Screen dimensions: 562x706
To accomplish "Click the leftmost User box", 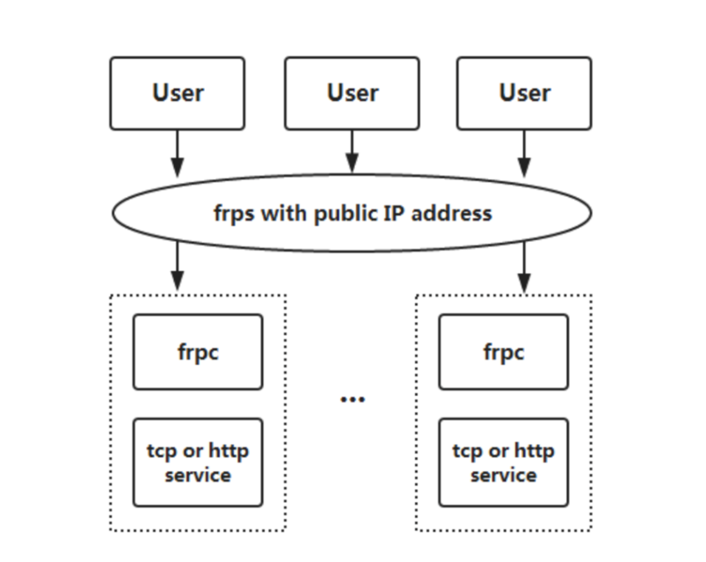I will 178,93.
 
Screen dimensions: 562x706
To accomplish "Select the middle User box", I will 352,93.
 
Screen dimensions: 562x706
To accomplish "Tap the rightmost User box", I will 524,93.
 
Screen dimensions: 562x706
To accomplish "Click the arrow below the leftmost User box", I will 178,154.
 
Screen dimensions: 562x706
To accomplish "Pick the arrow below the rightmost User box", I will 525,154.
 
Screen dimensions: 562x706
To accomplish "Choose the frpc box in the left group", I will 198,352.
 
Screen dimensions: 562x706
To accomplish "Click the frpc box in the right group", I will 504,352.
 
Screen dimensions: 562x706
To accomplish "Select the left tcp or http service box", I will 198,463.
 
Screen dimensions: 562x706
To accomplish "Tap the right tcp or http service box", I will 504,463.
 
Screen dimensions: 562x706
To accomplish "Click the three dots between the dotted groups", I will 352,400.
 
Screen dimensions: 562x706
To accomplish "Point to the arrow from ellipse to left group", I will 178,266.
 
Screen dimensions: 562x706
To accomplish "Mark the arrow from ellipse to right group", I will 525,266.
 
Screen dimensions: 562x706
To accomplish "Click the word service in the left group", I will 198,475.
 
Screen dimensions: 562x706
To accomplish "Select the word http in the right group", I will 534,451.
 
